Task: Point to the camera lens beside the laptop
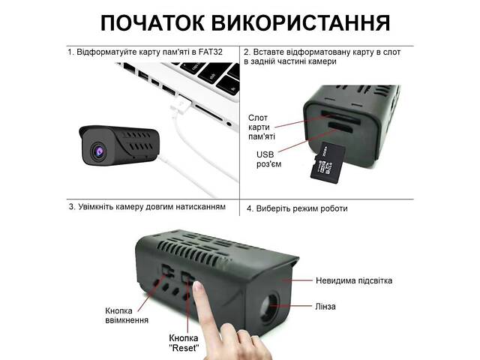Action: click(x=99, y=151)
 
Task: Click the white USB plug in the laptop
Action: click(x=180, y=106)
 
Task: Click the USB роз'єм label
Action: click(x=268, y=160)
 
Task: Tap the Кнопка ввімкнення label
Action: click(x=123, y=315)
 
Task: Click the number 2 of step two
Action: click(x=248, y=52)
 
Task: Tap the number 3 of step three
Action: click(x=71, y=206)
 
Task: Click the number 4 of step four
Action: click(x=248, y=208)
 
